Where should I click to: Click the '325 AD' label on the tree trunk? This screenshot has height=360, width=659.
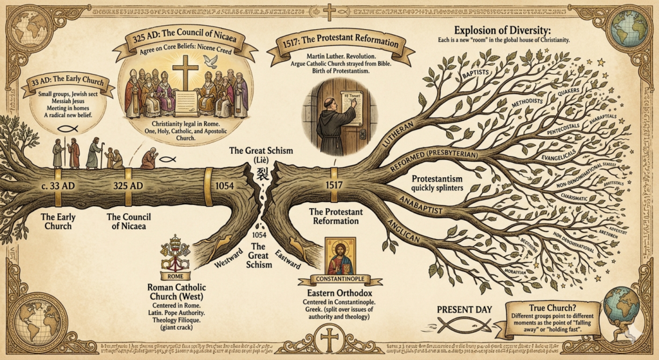[x=127, y=185]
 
